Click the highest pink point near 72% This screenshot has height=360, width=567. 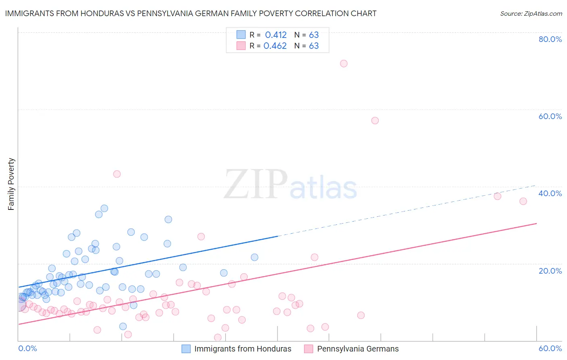[344, 63]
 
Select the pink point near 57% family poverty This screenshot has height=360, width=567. [375, 120]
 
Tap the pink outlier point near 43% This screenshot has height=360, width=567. [117, 174]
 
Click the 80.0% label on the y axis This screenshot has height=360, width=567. [550, 39]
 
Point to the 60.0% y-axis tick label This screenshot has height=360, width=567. [550, 116]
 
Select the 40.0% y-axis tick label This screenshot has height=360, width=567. [550, 193]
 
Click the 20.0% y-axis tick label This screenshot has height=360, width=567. [550, 270]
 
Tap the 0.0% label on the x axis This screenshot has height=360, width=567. [27, 348]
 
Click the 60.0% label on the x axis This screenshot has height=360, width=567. [550, 348]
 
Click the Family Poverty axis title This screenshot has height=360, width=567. [11, 184]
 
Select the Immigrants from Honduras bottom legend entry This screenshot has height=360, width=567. [242, 349]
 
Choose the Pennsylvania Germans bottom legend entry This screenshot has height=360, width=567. [358, 349]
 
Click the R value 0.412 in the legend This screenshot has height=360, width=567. [276, 35]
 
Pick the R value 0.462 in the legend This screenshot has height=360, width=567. [275, 46]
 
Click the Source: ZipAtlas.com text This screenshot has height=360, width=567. [531, 14]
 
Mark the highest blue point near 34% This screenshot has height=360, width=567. [104, 208]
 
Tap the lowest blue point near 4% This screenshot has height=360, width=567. [123, 326]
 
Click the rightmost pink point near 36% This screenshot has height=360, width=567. [523, 201]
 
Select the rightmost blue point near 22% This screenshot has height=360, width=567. [254, 257]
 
